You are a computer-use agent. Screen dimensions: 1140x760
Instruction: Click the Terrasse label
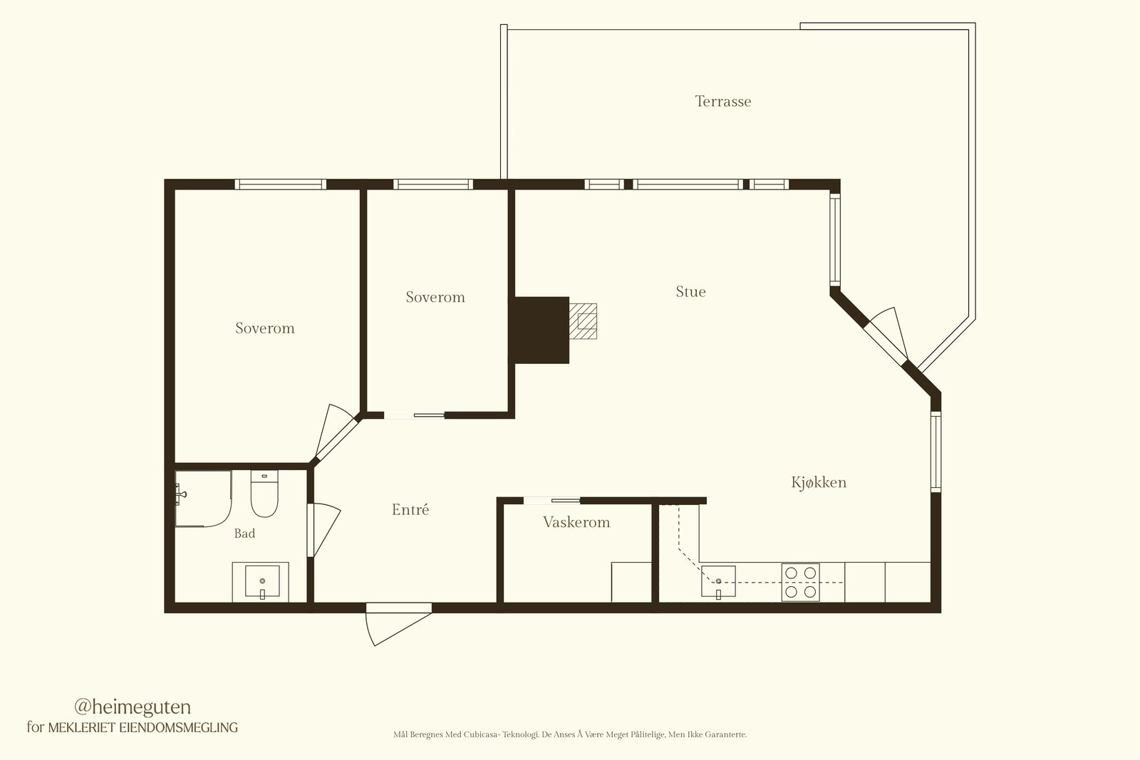(x=722, y=101)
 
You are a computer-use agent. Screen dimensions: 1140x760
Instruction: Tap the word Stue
(x=690, y=291)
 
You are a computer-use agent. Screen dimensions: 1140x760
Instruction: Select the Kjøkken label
(x=819, y=482)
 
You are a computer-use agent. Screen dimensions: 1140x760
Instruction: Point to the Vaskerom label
(x=576, y=522)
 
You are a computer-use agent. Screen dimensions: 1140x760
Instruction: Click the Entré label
(x=410, y=509)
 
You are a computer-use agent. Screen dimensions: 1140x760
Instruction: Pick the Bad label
(x=244, y=533)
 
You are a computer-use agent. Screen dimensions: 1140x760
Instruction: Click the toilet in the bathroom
(x=264, y=494)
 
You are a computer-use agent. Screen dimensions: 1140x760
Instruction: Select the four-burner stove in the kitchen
(x=801, y=583)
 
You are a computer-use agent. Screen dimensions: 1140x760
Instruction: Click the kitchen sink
(x=718, y=581)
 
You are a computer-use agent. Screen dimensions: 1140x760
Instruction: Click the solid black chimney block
(x=541, y=330)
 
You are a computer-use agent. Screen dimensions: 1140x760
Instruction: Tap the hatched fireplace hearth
(x=583, y=321)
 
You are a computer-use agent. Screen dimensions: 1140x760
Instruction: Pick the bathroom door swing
(x=324, y=530)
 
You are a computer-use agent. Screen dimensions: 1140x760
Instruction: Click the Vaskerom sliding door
(x=552, y=501)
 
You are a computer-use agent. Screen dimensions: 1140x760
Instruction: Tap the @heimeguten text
(x=133, y=707)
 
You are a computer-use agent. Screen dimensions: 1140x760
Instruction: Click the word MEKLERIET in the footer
(x=82, y=727)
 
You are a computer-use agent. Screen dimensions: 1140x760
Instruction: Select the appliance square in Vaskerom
(x=631, y=582)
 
